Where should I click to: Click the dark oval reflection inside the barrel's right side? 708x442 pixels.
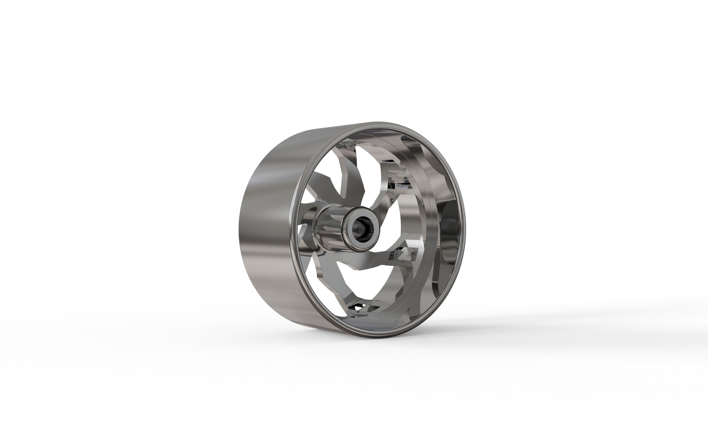click(449, 228)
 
